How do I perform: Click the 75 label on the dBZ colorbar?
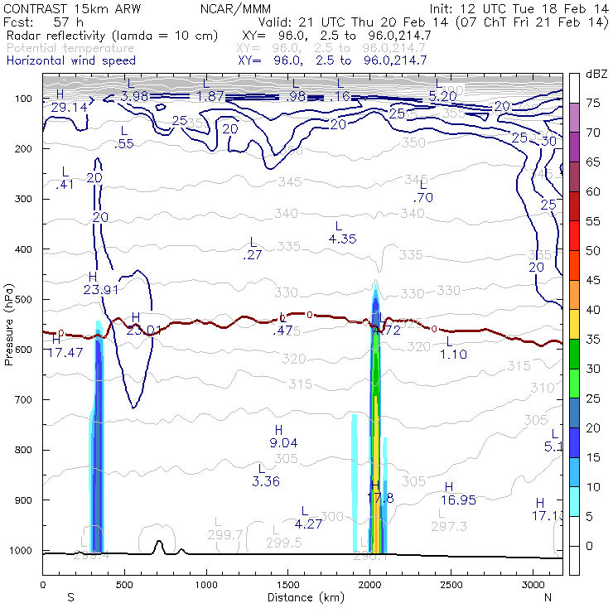tap(593, 103)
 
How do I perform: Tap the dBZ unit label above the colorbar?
tap(596, 74)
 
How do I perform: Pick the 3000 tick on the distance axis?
tap(532, 584)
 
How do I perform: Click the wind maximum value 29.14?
tap(69, 107)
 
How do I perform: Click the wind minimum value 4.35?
tap(342, 239)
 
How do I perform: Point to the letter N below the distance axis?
tap(548, 596)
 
